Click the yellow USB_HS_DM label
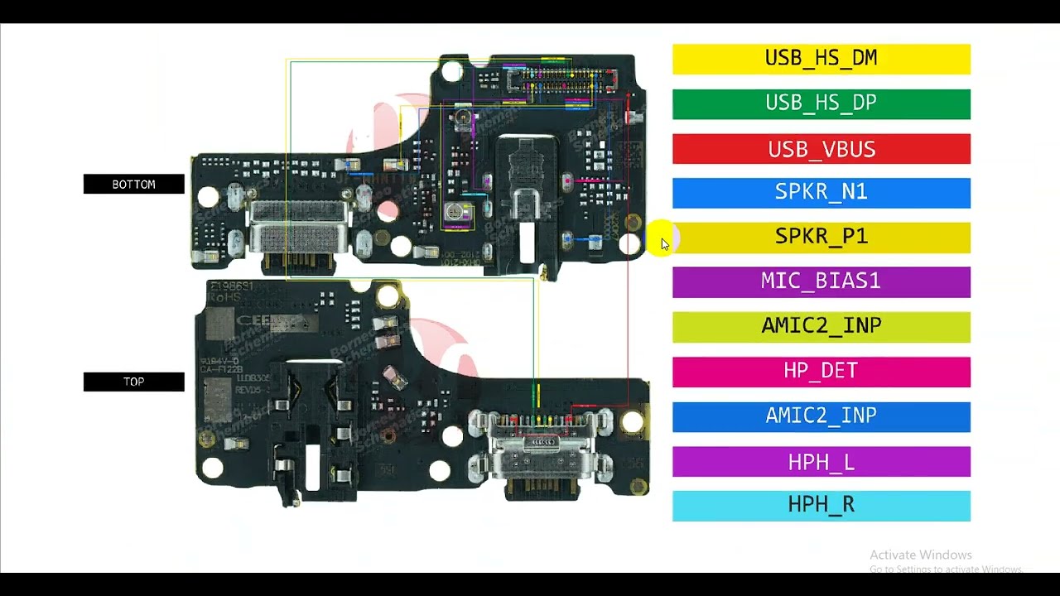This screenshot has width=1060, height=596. point(821,59)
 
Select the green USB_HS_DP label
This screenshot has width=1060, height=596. point(821,103)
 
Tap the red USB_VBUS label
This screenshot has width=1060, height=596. point(821,149)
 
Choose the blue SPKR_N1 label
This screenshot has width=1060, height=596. point(821,192)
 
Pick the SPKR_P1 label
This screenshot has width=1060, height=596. point(821,237)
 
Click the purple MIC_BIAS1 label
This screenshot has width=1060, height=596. point(821,281)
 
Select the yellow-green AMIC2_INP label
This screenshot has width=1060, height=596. point(821,326)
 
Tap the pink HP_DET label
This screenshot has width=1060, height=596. point(821,371)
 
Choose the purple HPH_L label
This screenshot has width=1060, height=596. point(821,461)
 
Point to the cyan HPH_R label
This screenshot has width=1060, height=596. point(821,506)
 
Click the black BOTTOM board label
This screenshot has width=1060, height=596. point(133,185)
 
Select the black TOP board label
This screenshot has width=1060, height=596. point(133,382)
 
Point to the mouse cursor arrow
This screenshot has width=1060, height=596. point(664,244)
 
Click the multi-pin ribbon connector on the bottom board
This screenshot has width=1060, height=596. point(561,80)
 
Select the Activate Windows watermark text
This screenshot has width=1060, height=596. point(921,555)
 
